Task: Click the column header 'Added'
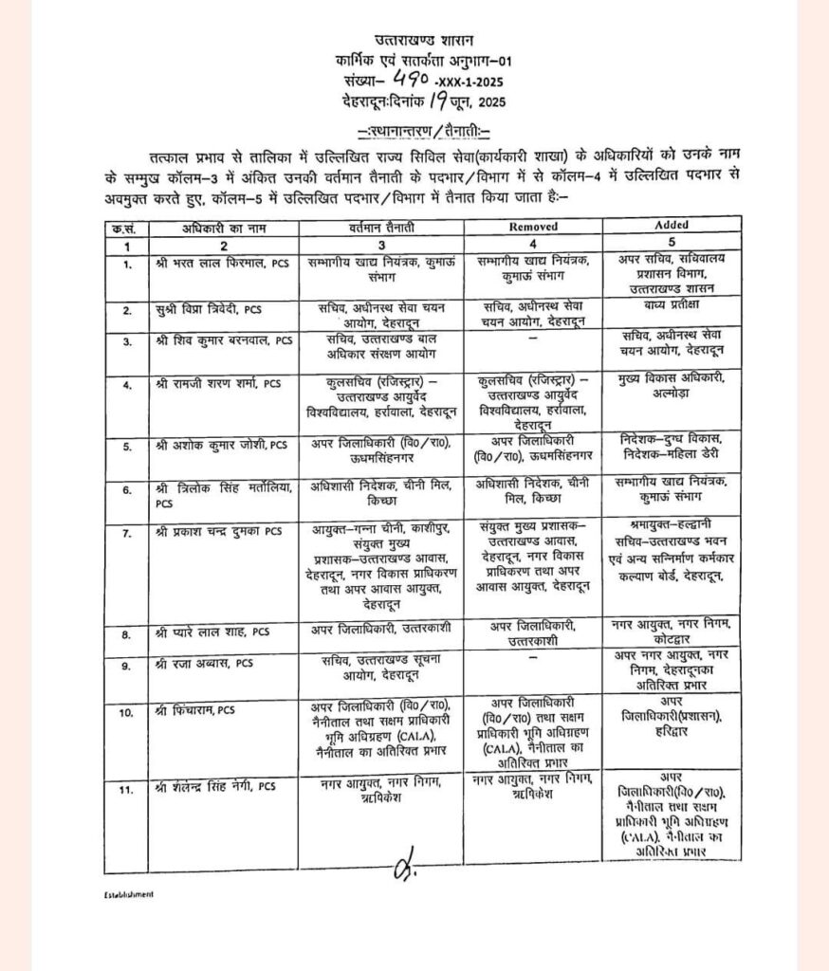coord(672,226)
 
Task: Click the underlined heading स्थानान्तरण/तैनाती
coord(415,129)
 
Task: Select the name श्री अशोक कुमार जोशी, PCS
coord(221,444)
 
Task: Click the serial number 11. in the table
coord(124,786)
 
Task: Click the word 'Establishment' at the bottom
coord(129,893)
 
